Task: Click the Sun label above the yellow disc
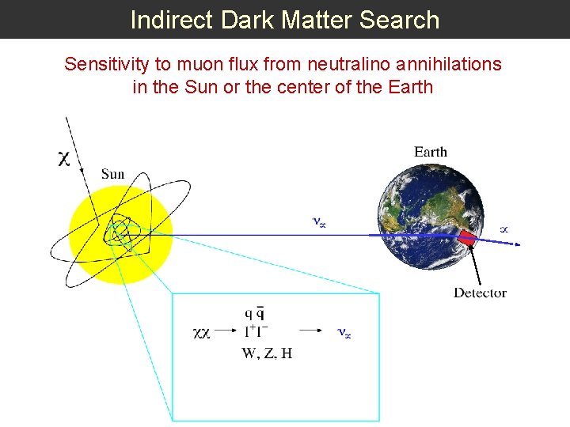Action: coord(112,174)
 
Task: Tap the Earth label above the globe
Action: coord(431,152)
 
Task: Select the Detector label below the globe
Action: coord(480,293)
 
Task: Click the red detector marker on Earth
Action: coord(469,236)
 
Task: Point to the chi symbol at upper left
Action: coord(64,159)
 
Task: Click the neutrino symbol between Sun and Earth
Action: coord(319,223)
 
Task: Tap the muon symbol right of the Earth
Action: coord(503,229)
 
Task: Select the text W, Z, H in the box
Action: coord(267,353)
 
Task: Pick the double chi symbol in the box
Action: coord(202,334)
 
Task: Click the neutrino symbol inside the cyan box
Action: coord(344,334)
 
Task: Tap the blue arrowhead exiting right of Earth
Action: coord(515,244)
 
